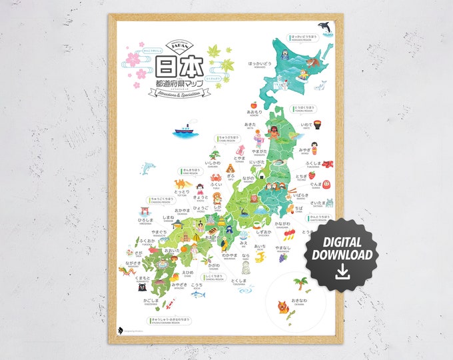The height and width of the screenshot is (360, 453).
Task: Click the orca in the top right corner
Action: tap(326, 27)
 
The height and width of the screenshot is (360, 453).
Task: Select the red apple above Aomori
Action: tap(253, 105)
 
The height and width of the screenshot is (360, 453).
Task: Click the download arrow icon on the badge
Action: tap(342, 269)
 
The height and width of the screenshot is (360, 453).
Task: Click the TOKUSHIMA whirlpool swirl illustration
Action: tap(245, 289)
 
